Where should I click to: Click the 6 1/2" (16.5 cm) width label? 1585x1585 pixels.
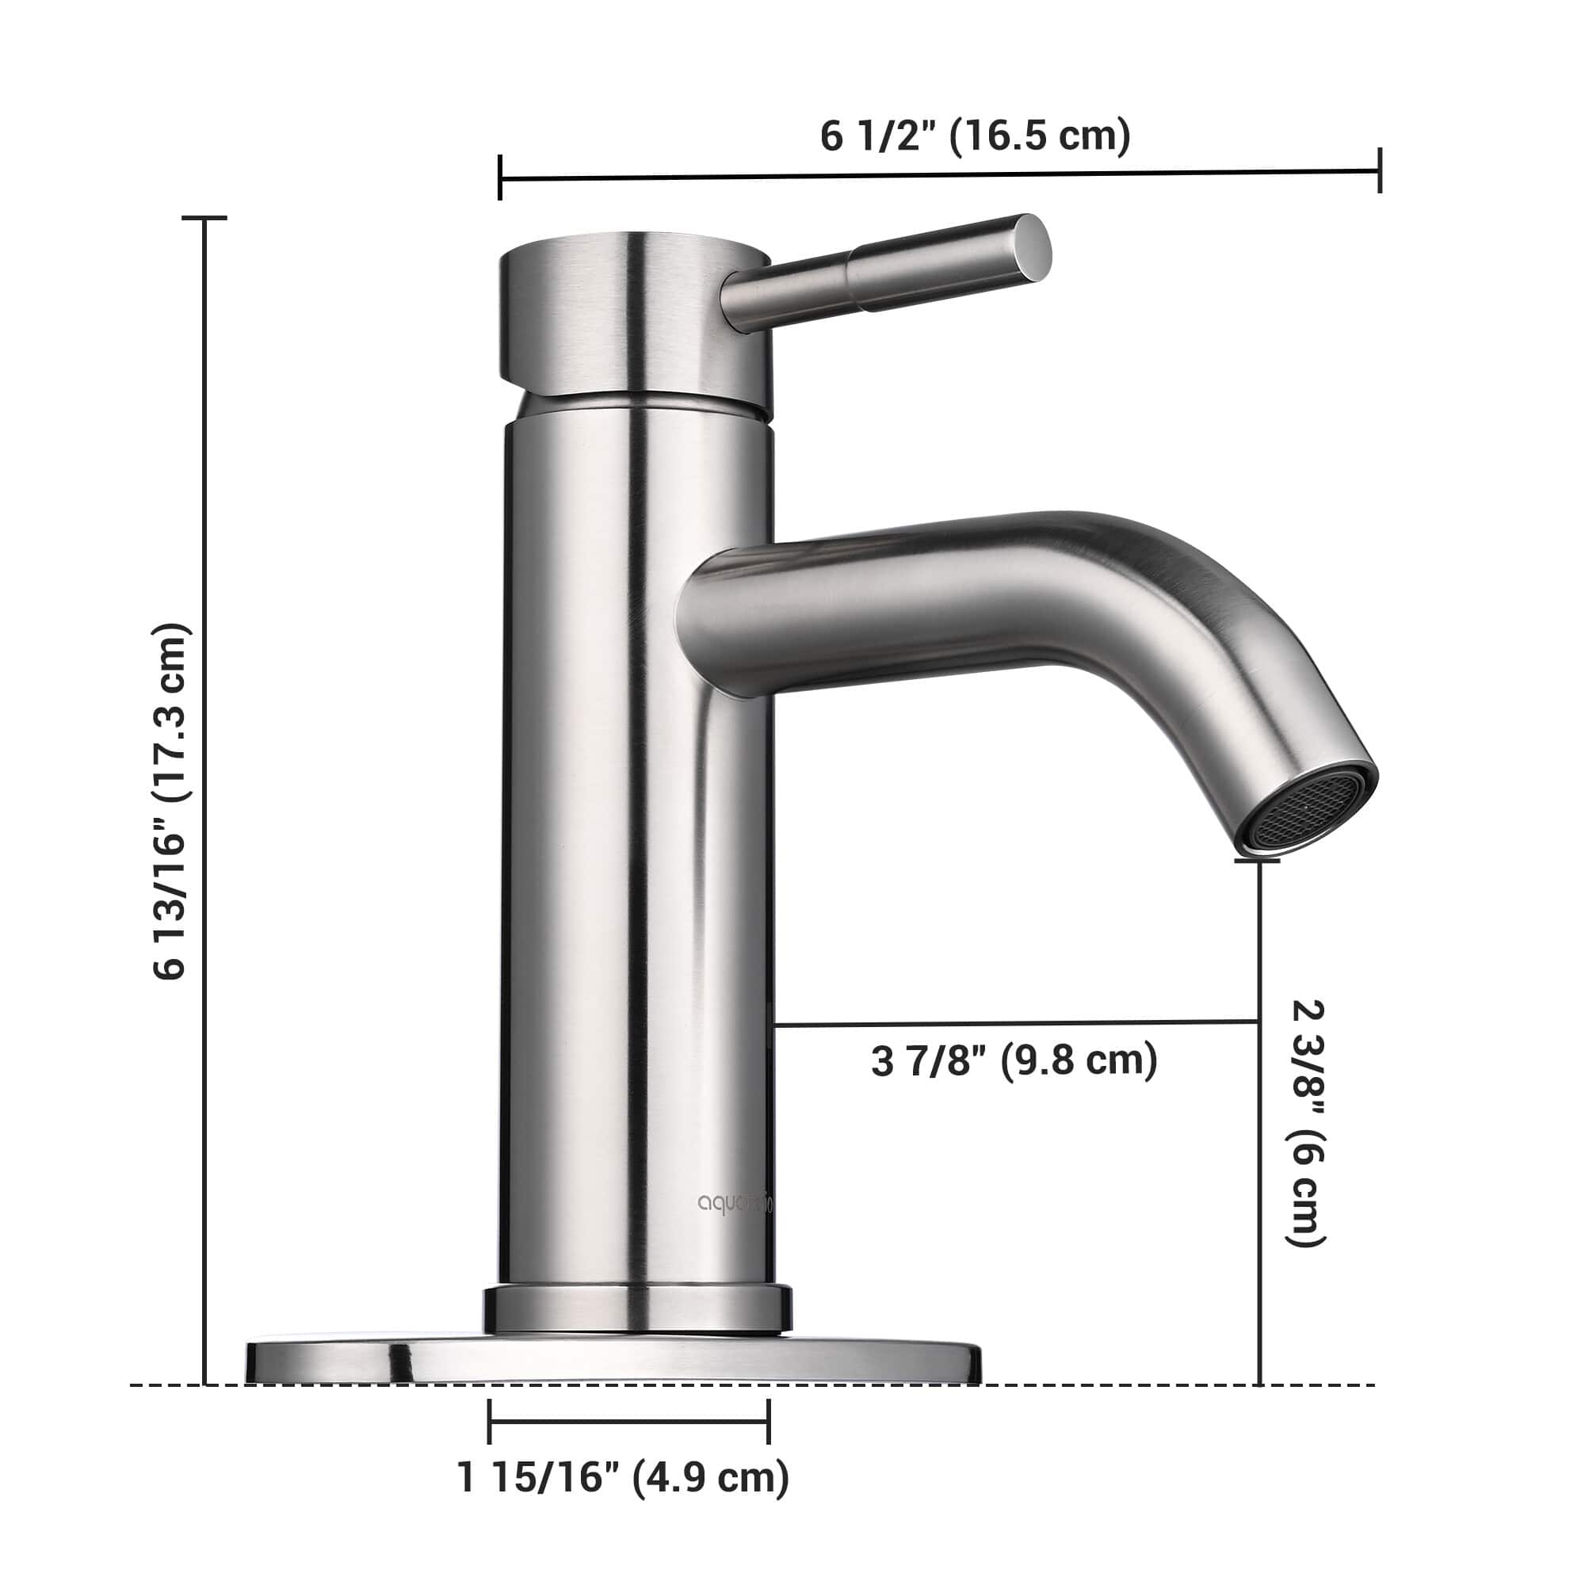tap(975, 136)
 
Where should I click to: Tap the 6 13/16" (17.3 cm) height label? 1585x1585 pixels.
tap(171, 800)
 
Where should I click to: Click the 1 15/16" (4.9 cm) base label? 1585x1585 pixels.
tap(624, 1477)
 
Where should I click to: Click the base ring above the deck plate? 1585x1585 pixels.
tap(636, 1309)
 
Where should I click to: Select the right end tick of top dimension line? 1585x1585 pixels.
tap(1380, 170)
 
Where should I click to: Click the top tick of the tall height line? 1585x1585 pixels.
tap(204, 218)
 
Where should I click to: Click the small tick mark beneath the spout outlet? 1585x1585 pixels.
tap(1258, 861)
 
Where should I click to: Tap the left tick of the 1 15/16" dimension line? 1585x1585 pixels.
tap(489, 1421)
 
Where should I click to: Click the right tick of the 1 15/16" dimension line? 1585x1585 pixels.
tap(769, 1421)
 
